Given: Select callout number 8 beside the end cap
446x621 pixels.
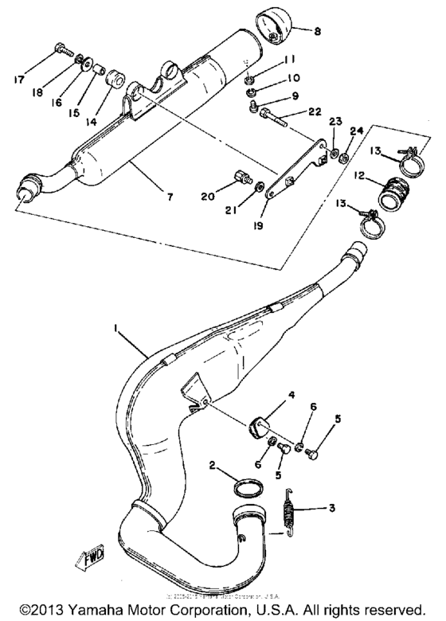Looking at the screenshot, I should coord(317,32).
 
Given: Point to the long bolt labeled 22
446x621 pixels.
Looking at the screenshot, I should coord(276,120).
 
